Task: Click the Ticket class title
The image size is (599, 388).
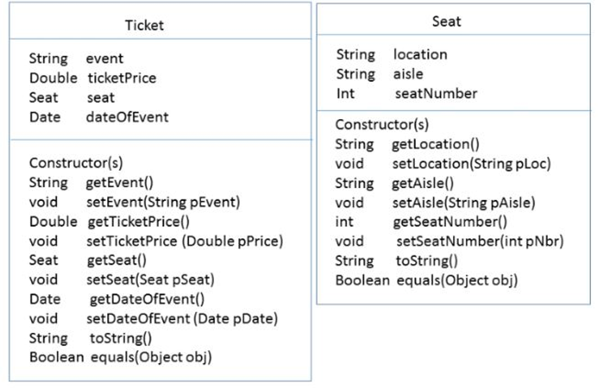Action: [144, 25]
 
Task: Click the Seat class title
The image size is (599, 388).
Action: [446, 21]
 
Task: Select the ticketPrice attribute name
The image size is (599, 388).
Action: [122, 78]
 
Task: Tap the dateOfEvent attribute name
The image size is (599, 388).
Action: [127, 117]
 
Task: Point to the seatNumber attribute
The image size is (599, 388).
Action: [436, 94]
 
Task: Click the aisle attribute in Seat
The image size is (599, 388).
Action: [408, 74]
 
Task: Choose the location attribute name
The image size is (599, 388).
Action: [420, 54]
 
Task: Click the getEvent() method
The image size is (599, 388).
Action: [119, 183]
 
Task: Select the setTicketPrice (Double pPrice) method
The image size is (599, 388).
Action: [184, 241]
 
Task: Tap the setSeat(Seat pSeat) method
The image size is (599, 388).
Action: [150, 280]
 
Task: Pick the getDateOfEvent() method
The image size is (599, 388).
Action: [147, 299]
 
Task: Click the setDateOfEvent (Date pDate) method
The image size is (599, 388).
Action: [182, 319]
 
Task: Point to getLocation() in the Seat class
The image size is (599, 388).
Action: [435, 144]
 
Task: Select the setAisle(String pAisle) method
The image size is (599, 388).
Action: [463, 203]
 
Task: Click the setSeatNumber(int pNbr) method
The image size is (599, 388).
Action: [480, 241]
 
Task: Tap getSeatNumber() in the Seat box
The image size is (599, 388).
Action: [450, 222]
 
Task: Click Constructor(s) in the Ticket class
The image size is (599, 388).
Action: [76, 163]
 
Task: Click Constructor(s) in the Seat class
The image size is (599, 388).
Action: [382, 124]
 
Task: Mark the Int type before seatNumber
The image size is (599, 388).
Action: [345, 94]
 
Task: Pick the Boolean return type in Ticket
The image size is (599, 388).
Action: [57, 357]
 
